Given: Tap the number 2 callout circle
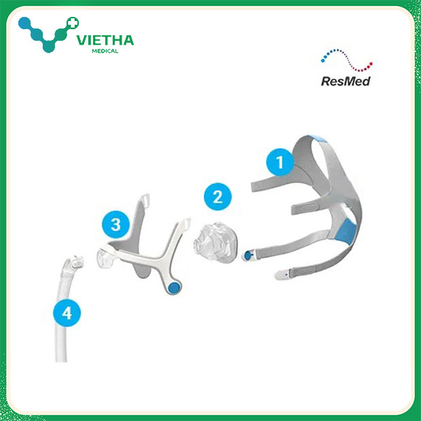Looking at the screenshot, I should [x=217, y=198].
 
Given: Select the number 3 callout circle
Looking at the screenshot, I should [x=116, y=223].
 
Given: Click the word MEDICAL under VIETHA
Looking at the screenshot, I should [x=105, y=51].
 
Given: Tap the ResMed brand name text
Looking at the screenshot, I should [x=345, y=79].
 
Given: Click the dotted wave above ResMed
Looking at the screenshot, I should [x=346, y=60].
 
